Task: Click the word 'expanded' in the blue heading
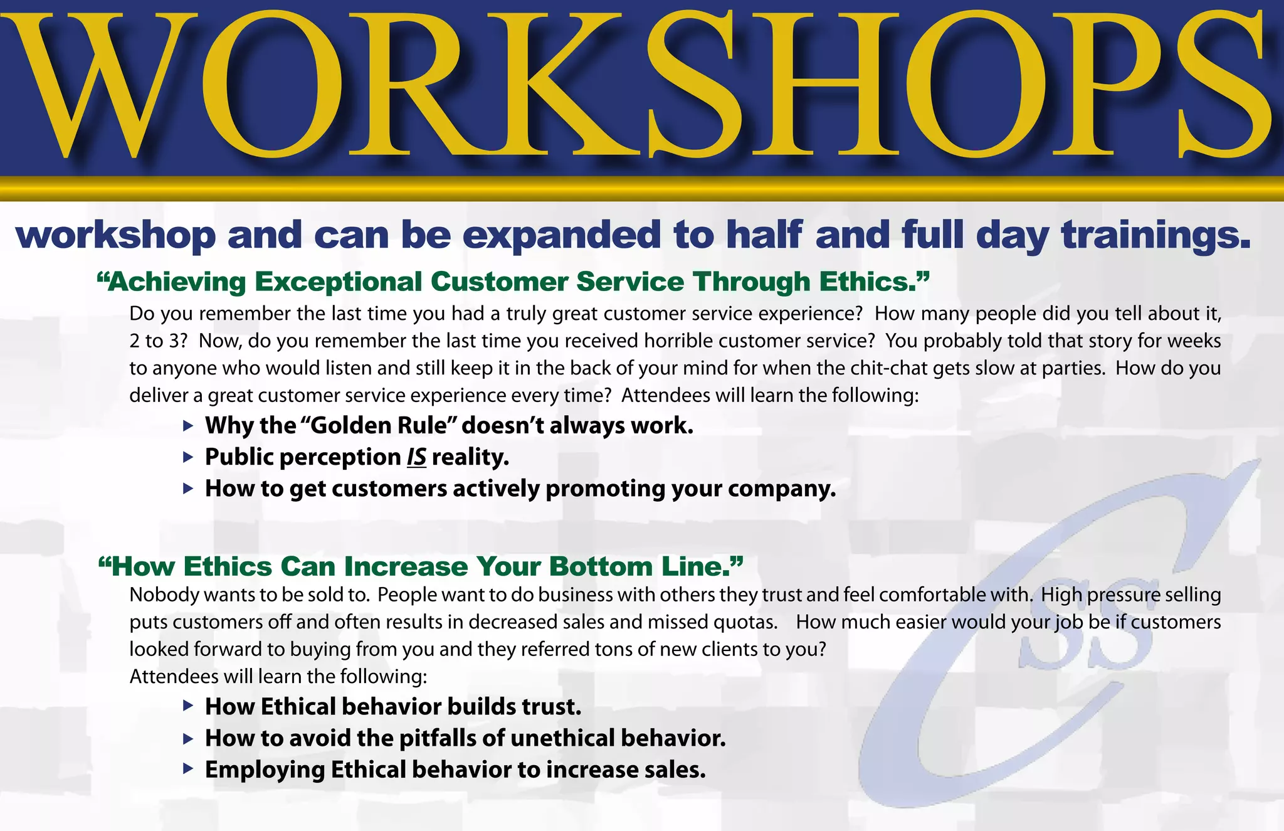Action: click(x=561, y=235)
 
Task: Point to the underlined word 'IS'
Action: click(x=416, y=457)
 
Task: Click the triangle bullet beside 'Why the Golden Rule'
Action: click(x=188, y=426)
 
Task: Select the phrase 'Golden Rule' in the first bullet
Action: click(x=379, y=426)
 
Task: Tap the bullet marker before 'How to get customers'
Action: click(x=188, y=489)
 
